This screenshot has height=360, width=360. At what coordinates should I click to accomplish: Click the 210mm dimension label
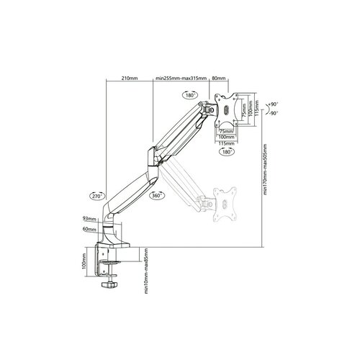click(130, 79)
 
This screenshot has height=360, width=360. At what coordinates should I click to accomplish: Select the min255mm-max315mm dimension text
click(181, 79)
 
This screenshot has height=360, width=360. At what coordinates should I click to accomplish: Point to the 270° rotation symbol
click(96, 195)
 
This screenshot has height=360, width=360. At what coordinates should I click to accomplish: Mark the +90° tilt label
click(274, 104)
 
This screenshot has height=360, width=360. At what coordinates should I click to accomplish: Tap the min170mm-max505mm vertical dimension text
click(266, 180)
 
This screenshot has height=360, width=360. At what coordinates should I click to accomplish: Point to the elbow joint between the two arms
click(151, 154)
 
